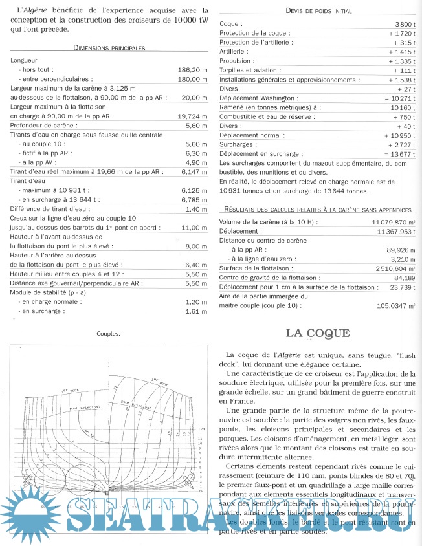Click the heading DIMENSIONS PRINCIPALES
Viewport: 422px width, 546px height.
(x=109, y=47)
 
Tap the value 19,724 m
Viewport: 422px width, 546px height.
(x=190, y=115)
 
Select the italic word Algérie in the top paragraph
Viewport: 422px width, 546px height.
(x=35, y=10)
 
